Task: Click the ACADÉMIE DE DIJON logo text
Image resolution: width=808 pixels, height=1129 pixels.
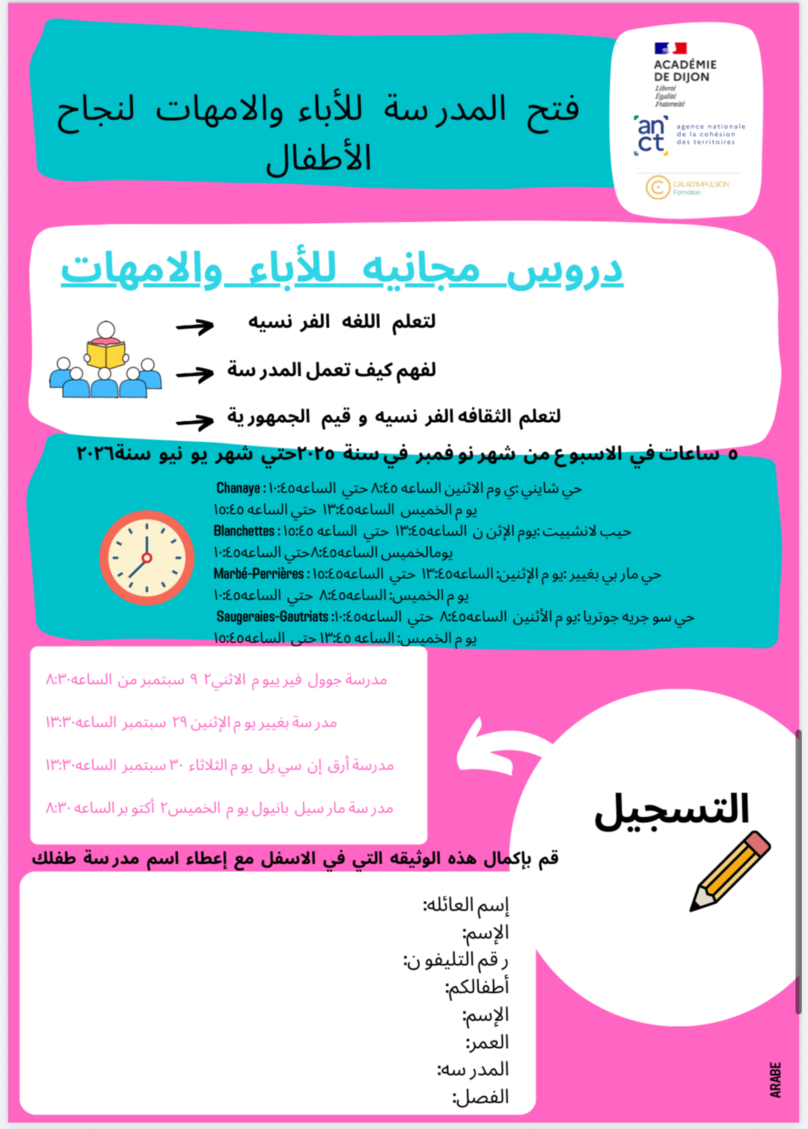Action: (x=684, y=70)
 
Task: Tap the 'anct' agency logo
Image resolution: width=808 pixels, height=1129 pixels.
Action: (x=651, y=135)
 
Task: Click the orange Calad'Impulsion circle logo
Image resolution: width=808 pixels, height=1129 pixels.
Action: (x=657, y=187)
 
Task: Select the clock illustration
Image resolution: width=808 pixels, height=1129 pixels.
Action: (x=146, y=558)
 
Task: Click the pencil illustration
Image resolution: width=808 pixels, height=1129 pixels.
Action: (x=730, y=870)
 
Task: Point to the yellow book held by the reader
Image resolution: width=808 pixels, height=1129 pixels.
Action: (x=106, y=354)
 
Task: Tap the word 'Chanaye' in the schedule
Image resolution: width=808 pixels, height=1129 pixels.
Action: (x=238, y=488)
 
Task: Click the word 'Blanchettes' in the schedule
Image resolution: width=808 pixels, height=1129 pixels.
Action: (x=244, y=531)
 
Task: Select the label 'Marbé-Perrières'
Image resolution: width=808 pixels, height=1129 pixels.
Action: (x=258, y=574)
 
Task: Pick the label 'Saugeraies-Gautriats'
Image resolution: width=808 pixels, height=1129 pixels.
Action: (x=272, y=617)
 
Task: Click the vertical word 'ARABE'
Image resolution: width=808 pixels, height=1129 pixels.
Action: (x=776, y=1079)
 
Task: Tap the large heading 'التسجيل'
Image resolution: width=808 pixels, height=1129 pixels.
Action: (x=671, y=808)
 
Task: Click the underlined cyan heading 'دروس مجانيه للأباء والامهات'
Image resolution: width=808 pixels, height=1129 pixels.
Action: (x=342, y=270)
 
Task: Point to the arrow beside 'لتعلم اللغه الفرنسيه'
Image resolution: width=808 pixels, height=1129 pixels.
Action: (x=195, y=326)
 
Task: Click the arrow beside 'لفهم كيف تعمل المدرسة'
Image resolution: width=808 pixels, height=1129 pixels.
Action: (x=195, y=374)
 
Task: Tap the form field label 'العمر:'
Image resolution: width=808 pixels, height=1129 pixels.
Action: (x=487, y=1042)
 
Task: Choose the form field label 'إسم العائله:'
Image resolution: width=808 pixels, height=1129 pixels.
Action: (x=465, y=905)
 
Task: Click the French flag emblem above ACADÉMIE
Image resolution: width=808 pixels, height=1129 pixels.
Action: (x=670, y=48)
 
